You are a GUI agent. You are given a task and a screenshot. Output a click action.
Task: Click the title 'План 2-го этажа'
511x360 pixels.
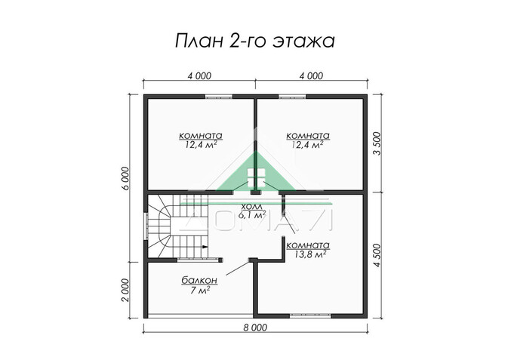255,39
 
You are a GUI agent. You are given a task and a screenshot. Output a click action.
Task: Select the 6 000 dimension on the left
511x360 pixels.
126,178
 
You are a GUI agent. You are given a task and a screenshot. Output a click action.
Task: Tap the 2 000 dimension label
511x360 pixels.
126,289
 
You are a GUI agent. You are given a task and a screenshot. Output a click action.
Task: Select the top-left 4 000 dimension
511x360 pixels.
199,76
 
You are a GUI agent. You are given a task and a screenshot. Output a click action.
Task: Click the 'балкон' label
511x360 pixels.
200,280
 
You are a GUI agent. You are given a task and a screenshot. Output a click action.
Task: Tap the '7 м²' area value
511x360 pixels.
200,291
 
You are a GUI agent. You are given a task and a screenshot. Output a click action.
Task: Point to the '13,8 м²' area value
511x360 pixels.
309,255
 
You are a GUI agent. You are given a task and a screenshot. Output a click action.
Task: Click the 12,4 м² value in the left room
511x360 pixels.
200,144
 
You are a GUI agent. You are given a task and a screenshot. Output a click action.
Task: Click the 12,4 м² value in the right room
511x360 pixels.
309,144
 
